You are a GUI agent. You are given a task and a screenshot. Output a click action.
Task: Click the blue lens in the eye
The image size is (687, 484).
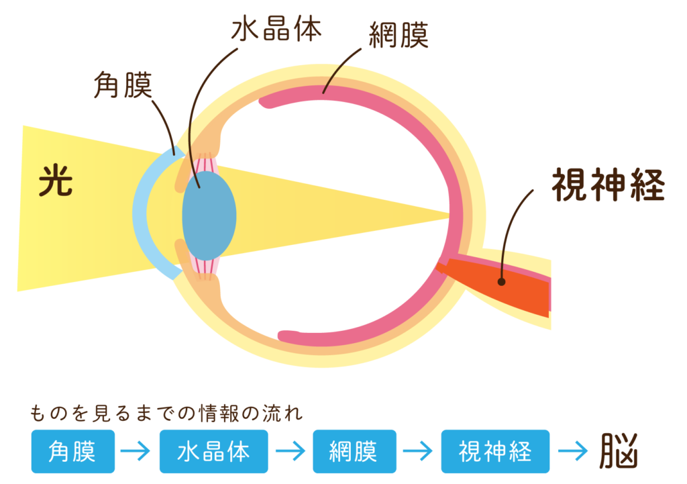click(209, 215)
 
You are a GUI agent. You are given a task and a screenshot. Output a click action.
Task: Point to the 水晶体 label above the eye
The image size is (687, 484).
click(276, 30)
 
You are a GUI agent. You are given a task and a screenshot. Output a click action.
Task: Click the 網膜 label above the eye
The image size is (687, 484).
click(399, 38)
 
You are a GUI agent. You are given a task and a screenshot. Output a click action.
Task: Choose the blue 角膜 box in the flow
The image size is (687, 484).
click(72, 451)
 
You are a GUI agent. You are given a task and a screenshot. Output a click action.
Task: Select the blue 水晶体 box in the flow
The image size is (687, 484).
click(213, 451)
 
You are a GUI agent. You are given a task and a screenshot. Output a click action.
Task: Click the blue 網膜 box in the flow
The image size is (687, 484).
click(354, 451)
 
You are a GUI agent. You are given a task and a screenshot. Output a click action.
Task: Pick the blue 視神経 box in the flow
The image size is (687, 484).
click(495, 451)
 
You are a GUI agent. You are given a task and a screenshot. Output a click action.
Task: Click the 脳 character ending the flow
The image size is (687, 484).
click(618, 450)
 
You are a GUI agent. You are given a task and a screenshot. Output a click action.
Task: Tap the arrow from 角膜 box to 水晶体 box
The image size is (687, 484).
click(137, 452)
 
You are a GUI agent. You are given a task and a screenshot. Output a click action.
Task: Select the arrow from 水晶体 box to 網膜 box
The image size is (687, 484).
click(290, 452)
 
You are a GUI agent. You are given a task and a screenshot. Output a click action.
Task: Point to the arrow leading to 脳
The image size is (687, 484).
click(572, 452)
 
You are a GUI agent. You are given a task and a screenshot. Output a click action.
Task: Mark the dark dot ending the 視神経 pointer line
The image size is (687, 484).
click(501, 282)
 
